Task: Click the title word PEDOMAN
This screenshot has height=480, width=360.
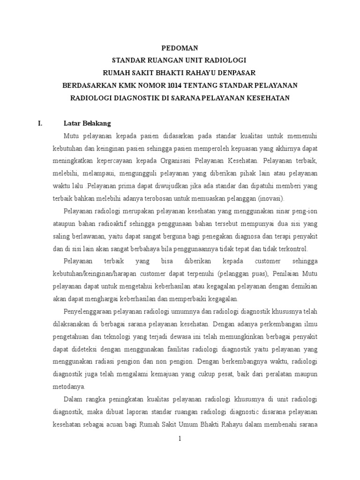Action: (x=180, y=48)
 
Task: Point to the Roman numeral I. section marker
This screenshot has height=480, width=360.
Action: (x=40, y=124)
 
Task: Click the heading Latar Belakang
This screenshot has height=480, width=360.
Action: (x=87, y=124)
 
